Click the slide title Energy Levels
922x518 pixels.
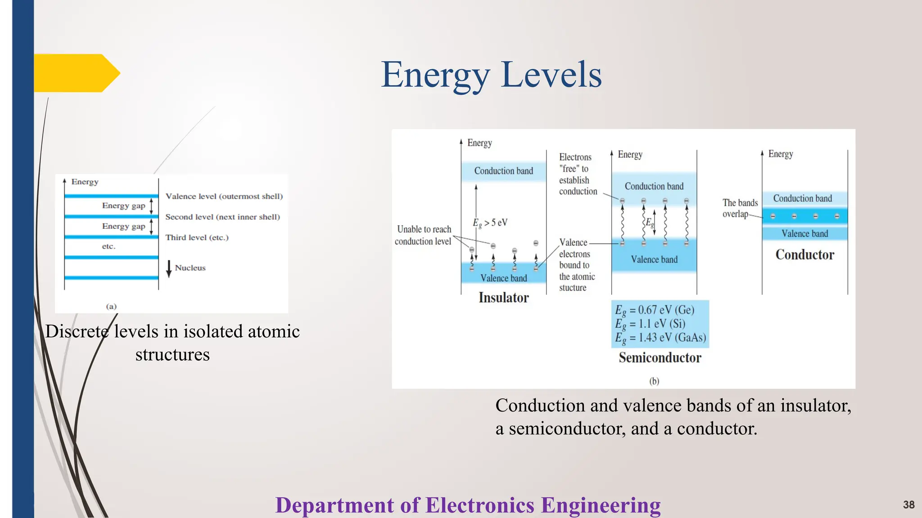[491, 75]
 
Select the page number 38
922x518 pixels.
[908, 505]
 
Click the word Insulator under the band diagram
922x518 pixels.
[503, 298]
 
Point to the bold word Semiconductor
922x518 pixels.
[660, 358]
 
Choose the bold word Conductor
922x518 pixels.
[804, 255]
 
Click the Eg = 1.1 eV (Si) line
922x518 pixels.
[650, 324]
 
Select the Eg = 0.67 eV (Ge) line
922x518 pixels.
[655, 310]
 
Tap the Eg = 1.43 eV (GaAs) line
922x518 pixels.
[660, 338]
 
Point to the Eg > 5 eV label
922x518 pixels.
[490, 223]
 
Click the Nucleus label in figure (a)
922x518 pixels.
[190, 268]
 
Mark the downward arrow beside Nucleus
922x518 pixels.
[169, 268]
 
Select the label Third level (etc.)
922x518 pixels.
[197, 237]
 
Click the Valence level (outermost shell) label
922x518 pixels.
[224, 196]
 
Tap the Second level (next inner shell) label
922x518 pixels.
[222, 217]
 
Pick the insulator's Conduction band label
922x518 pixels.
[503, 171]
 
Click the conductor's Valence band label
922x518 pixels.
[804, 234]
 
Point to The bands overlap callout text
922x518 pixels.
[740, 208]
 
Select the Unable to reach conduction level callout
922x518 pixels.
[423, 235]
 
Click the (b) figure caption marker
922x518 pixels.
[654, 381]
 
